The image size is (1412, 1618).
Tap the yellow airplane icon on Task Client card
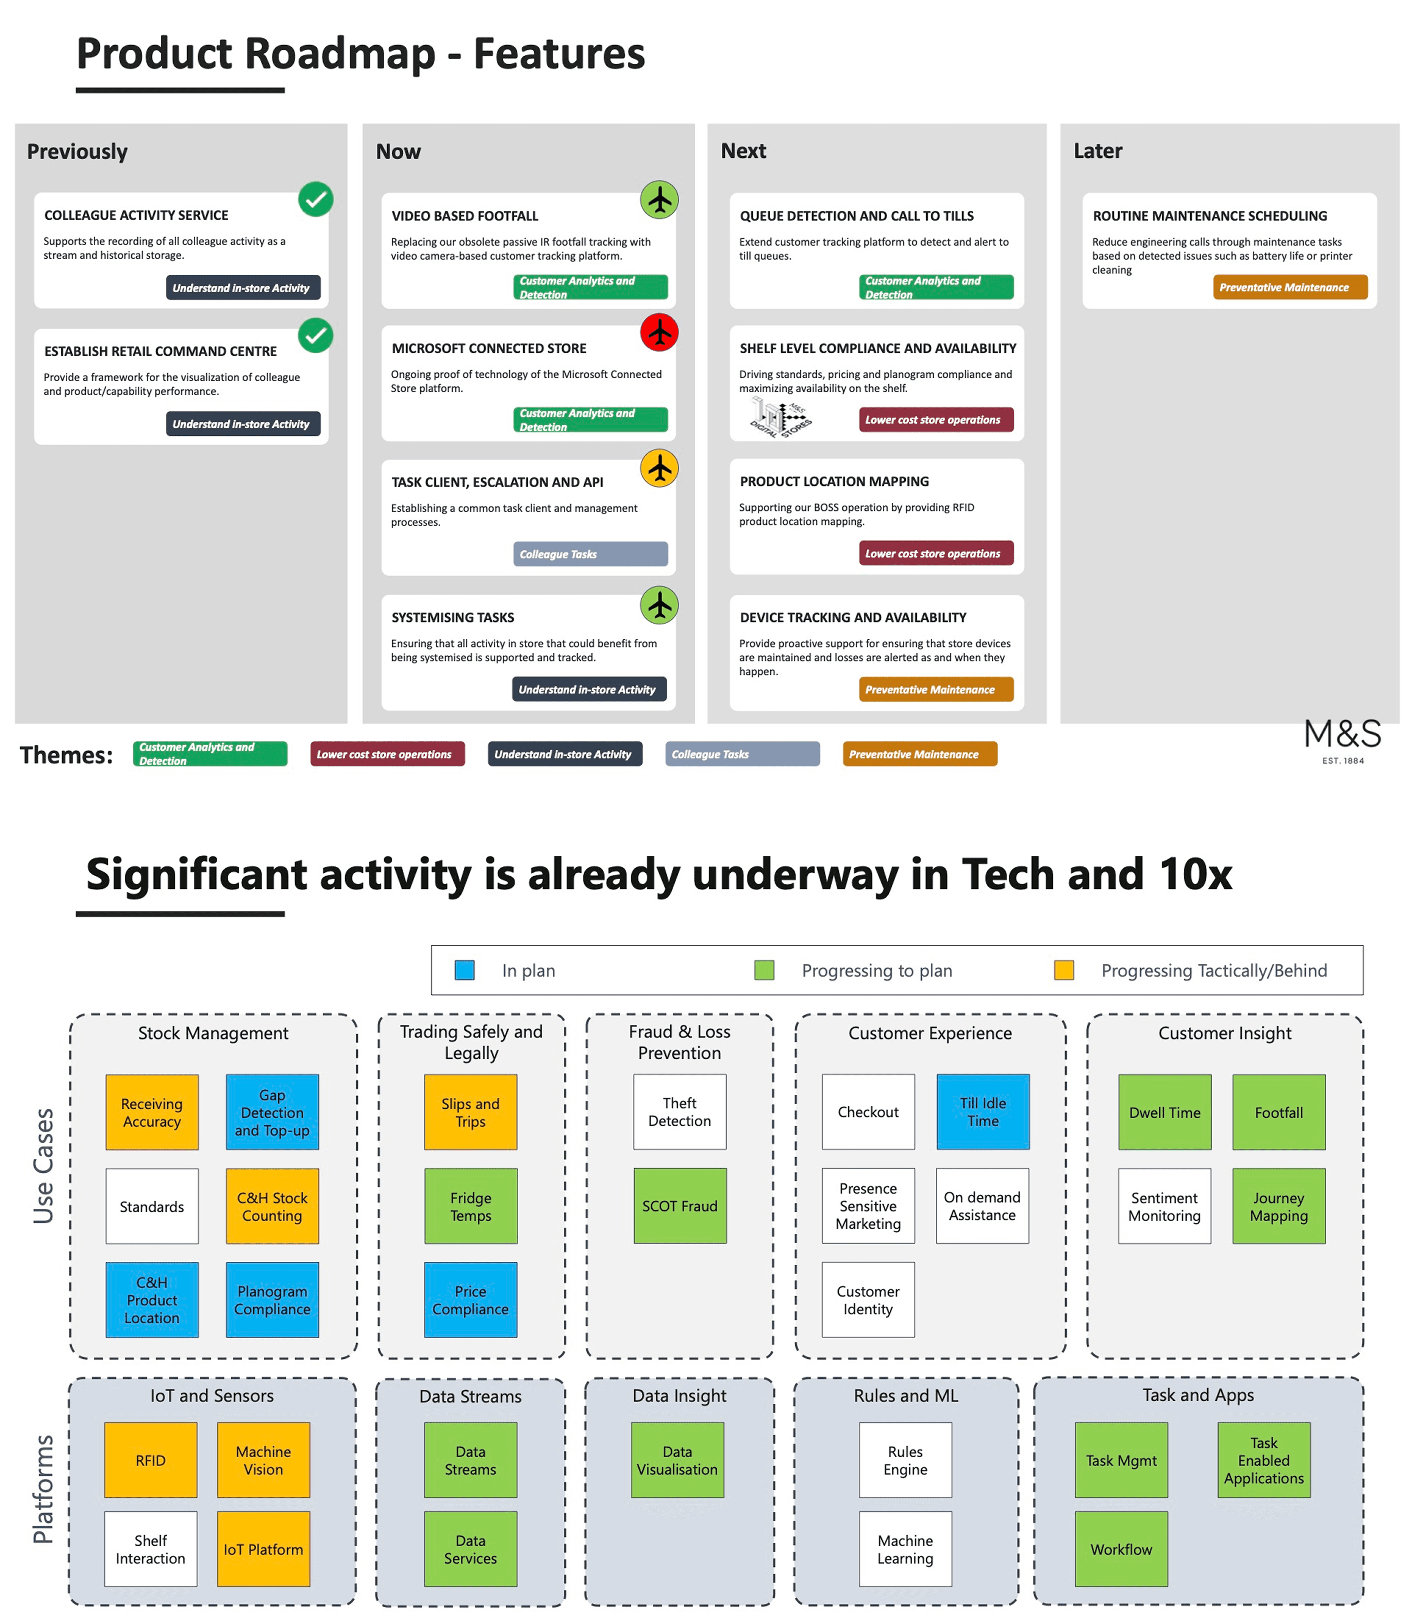click(x=660, y=468)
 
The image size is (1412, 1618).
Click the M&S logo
click(x=1343, y=739)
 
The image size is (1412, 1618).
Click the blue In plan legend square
click(x=465, y=970)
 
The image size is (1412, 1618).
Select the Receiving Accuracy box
click(x=152, y=1112)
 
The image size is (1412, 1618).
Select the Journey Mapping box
click(x=1279, y=1206)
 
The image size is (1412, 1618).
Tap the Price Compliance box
click(x=470, y=1300)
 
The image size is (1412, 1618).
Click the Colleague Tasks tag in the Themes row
click(x=742, y=754)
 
